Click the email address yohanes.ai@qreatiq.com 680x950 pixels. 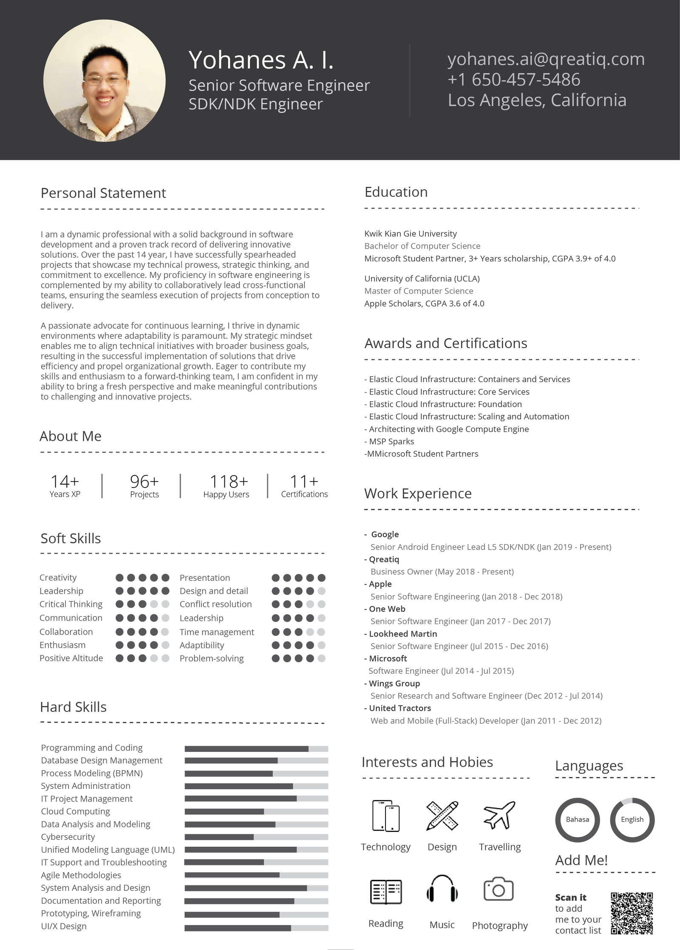point(546,59)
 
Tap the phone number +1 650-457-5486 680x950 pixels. point(513,79)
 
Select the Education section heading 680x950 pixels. point(396,192)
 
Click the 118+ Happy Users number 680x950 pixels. point(229,482)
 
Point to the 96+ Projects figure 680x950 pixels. point(144,482)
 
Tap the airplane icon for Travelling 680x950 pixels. point(499,815)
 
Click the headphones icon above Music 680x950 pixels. point(442,889)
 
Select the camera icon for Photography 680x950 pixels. point(499,889)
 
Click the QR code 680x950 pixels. point(632,913)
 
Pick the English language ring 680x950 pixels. point(632,820)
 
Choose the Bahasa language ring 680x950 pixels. point(577,820)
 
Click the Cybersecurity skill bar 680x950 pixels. point(256,837)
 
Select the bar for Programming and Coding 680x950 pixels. point(256,749)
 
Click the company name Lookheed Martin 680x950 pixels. point(403,634)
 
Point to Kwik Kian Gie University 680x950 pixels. point(411,233)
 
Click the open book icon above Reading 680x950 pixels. point(385,891)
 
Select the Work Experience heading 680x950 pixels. point(418,493)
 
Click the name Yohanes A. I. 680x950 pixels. point(261,60)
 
